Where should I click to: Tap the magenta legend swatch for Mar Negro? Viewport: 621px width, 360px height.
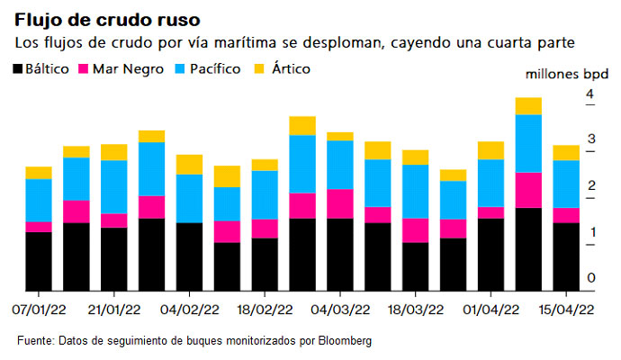[86, 68]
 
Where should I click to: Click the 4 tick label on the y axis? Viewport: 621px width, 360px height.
[590, 94]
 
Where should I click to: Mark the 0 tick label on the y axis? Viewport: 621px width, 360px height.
[590, 278]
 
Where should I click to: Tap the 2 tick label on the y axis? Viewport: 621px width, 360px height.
[590, 186]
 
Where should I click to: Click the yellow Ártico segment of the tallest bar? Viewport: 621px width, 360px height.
[528, 106]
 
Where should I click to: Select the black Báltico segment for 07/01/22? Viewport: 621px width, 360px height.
[39, 261]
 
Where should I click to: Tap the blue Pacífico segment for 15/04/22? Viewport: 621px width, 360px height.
[565, 184]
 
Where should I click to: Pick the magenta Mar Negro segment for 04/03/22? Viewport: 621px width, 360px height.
[339, 203]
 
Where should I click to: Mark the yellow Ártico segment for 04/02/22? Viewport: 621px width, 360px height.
[189, 164]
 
